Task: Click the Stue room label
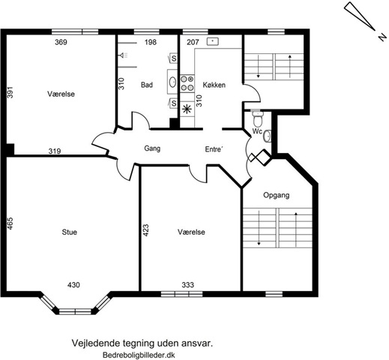(x=70, y=232)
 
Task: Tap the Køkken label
(x=214, y=85)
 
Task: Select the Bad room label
(x=147, y=85)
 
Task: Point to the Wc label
(x=257, y=131)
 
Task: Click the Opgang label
(x=277, y=195)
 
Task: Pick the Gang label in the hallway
(x=152, y=148)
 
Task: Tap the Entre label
(x=214, y=149)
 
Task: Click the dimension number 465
(x=10, y=223)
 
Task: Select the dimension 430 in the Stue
(x=73, y=285)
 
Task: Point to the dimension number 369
(x=61, y=42)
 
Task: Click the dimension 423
(x=145, y=230)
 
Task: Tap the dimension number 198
(x=151, y=42)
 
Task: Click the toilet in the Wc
(x=257, y=118)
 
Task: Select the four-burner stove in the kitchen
(x=187, y=83)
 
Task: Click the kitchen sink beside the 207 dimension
(x=213, y=41)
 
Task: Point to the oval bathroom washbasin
(x=172, y=82)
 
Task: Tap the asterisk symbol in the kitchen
(x=187, y=109)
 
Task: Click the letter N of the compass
(x=382, y=37)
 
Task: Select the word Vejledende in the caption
(x=96, y=343)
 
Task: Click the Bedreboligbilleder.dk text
(x=139, y=355)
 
